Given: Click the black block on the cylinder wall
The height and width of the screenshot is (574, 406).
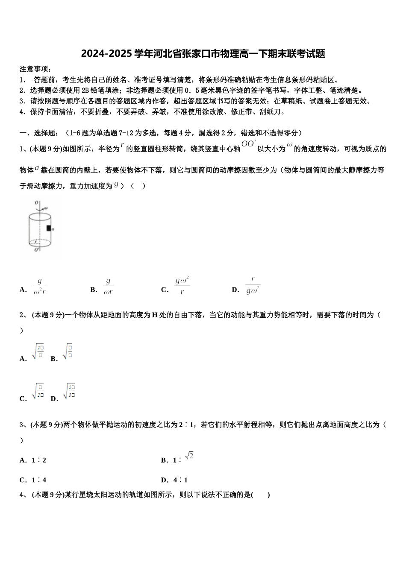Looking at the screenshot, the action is [x=49, y=228].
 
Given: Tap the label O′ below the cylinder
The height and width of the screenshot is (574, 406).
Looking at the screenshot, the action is [x=37, y=250].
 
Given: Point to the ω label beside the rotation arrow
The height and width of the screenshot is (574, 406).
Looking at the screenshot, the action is [x=46, y=208].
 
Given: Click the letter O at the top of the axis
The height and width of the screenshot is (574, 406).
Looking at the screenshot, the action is [x=37, y=202].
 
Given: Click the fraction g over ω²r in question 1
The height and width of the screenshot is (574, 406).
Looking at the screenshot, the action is [x=39, y=286].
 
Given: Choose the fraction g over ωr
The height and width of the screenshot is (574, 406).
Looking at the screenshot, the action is [x=108, y=286].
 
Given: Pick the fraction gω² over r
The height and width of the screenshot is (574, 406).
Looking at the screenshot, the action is [x=182, y=286].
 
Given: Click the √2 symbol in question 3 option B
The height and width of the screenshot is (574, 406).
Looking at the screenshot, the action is [x=189, y=456].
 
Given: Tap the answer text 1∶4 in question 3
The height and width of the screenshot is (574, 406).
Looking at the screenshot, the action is [x=39, y=480].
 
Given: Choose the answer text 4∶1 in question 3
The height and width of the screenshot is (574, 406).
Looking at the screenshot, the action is [x=180, y=480].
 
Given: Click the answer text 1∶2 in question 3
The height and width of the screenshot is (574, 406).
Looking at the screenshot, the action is [x=39, y=460].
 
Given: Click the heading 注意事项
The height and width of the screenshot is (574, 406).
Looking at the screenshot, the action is [x=35, y=69].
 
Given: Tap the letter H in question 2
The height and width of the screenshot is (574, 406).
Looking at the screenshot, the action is [x=155, y=315].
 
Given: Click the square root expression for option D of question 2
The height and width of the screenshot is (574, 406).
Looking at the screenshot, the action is [x=69, y=392].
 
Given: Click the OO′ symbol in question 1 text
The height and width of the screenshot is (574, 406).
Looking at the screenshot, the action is [x=249, y=144].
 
